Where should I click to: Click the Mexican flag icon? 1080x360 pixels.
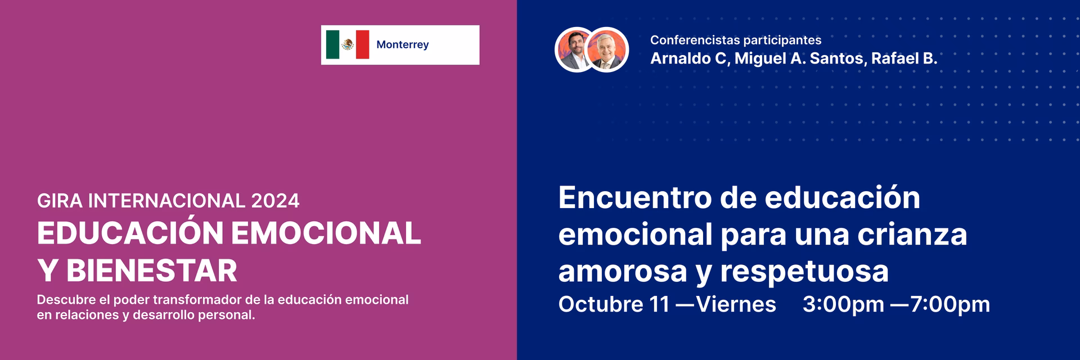click(x=348, y=44)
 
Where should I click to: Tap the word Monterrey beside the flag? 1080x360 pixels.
click(x=402, y=44)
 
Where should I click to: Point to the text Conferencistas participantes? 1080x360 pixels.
click(x=735, y=40)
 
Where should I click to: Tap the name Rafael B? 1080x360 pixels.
click(x=904, y=58)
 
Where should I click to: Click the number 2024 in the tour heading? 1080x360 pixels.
click(x=275, y=201)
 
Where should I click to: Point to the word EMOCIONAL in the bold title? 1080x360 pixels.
click(x=326, y=233)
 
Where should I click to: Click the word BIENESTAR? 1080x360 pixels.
click(x=152, y=271)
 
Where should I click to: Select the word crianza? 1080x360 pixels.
click(x=912, y=235)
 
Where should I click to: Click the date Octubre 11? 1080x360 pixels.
click(x=614, y=304)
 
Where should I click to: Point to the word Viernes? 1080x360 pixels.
click(x=736, y=304)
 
